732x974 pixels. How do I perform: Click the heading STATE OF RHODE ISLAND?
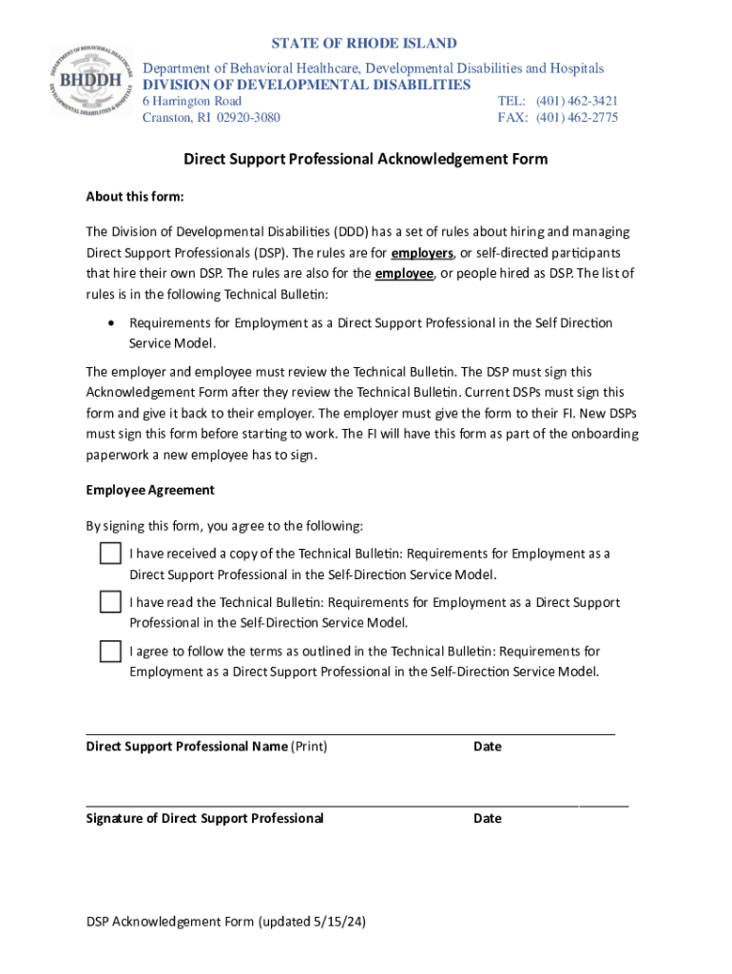(364, 44)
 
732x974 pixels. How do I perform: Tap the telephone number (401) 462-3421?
(577, 101)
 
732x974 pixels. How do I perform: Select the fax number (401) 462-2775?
(577, 118)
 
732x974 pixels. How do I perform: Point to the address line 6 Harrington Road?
(192, 101)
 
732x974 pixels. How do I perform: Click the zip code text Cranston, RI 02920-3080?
(211, 118)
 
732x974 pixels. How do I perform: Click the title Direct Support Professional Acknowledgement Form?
(365, 159)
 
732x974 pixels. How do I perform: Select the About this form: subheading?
(134, 197)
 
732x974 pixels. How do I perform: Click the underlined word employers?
(422, 253)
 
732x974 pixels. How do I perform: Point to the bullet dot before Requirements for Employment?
(113, 323)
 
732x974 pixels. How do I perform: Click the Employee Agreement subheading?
(150, 491)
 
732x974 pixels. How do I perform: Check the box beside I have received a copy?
(110, 554)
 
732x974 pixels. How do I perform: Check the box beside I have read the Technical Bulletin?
(110, 602)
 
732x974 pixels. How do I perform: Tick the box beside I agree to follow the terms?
(110, 652)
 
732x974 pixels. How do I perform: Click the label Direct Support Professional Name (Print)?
(206, 747)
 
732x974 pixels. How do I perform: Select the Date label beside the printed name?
(487, 747)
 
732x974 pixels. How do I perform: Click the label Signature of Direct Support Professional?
(204, 818)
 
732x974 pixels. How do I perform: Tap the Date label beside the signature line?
(487, 818)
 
